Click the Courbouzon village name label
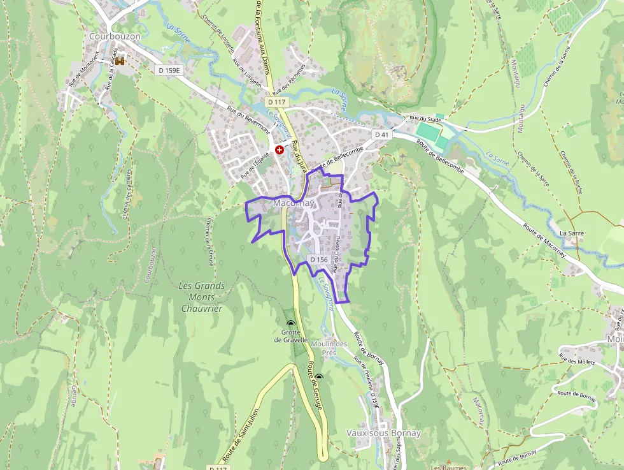point(115,36)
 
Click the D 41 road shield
point(381,135)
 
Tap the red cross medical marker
point(279,149)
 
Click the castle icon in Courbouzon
point(118,61)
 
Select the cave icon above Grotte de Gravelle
point(291,323)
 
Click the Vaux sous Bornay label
point(383,433)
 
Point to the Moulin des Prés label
point(329,348)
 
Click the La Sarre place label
point(571,233)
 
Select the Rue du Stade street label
point(425,119)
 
